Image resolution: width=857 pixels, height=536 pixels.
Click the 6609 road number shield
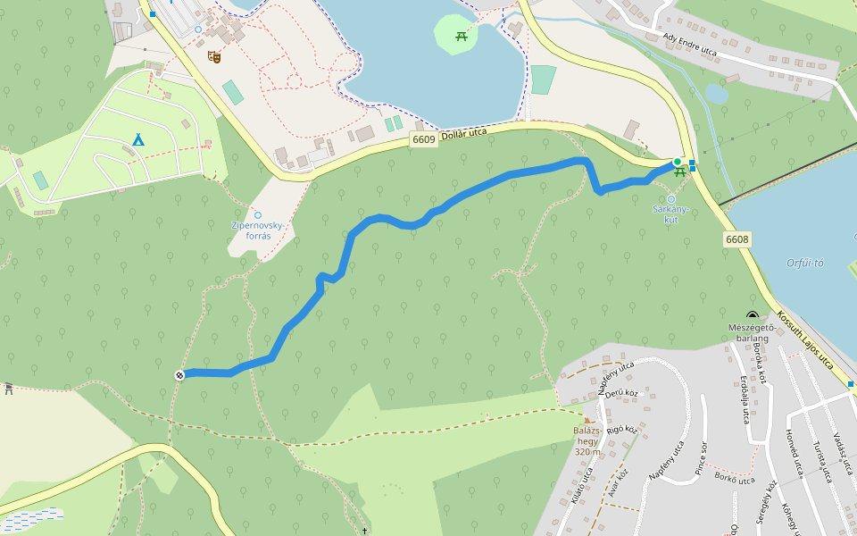pyautogui.click(x=424, y=139)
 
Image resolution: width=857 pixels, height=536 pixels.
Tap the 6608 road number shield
pyautogui.click(x=737, y=239)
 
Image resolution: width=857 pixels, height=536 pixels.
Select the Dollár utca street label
pyautogui.click(x=465, y=133)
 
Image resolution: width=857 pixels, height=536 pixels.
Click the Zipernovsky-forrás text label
pyautogui.click(x=258, y=230)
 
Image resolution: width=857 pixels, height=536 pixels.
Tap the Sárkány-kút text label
pyautogui.click(x=671, y=214)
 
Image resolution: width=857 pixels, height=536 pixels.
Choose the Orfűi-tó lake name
pyautogui.click(x=805, y=263)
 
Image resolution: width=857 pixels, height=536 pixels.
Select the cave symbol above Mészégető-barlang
pyautogui.click(x=753, y=315)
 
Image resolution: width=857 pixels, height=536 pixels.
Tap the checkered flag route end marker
pyautogui.click(x=180, y=374)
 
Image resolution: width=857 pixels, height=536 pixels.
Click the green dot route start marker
pyautogui.click(x=677, y=162)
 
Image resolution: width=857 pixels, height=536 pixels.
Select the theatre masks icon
pyautogui.click(x=214, y=56)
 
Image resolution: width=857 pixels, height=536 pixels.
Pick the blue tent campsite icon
pyautogui.click(x=137, y=139)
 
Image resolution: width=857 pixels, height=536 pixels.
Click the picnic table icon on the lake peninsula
pyautogui.click(x=462, y=36)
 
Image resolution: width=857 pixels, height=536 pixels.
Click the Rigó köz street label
pyautogui.click(x=622, y=431)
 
